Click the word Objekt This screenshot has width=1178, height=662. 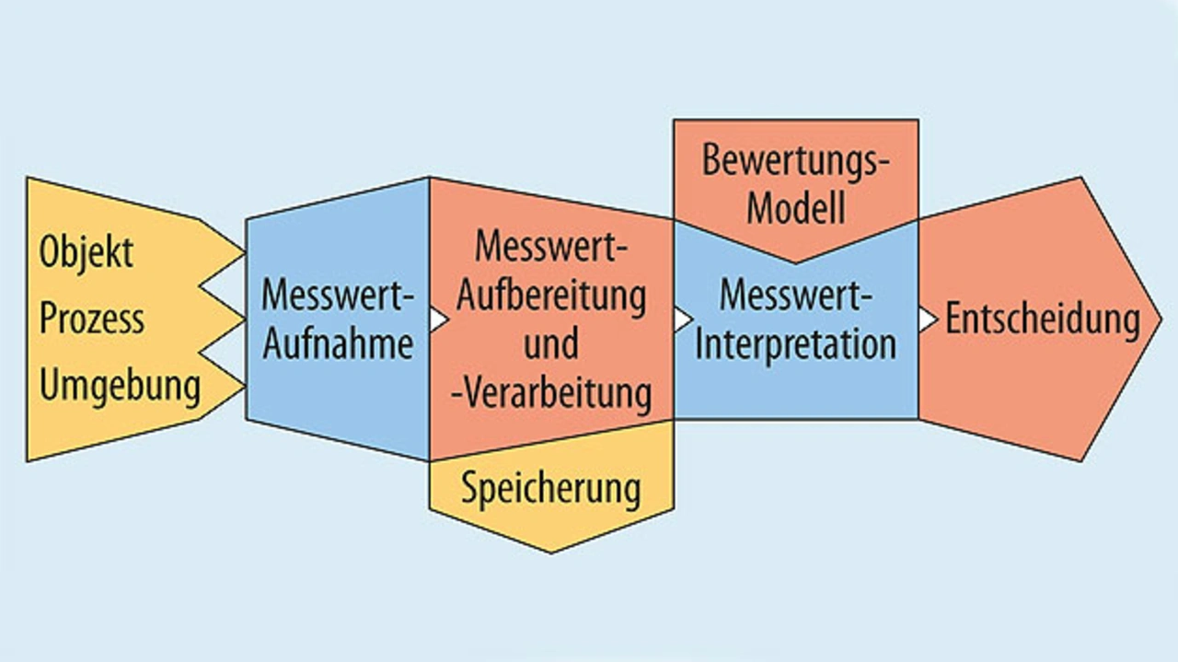(86, 252)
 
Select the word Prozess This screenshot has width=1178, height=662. (91, 319)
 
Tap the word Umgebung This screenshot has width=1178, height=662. (120, 386)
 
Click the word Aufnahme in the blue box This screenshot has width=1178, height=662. (338, 344)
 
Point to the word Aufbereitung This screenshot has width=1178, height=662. (551, 296)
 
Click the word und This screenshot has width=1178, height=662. (551, 344)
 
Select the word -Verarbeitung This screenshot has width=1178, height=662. (551, 393)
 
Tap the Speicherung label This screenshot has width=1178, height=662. (550, 488)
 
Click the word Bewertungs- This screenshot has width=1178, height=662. (796, 159)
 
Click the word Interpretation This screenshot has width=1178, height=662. (795, 344)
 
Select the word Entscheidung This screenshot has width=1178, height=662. (1043, 319)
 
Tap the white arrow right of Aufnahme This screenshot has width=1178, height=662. (439, 319)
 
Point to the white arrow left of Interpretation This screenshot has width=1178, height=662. (683, 319)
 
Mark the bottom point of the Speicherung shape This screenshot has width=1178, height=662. (550, 551)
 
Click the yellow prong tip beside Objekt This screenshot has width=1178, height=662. (243, 251)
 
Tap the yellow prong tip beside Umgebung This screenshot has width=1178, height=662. (243, 386)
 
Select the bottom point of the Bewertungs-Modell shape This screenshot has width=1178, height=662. (795, 261)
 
